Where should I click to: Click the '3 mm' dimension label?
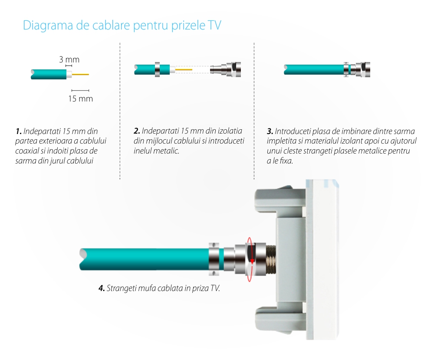click(69, 59)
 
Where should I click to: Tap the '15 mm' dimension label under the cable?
click(81, 99)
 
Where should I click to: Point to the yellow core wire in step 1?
click(81, 74)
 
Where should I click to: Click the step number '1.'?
click(19, 131)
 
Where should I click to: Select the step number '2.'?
click(137, 131)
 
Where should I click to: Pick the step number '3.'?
click(270, 131)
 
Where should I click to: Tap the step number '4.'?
click(102, 288)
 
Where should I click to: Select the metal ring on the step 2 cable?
click(157, 69)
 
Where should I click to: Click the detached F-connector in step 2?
click(225, 69)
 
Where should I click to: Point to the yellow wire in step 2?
click(184, 70)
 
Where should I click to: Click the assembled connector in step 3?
click(357, 69)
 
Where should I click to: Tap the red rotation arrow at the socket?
click(250, 259)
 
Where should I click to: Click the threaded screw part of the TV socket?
click(271, 259)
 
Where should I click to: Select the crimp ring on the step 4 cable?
click(214, 259)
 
